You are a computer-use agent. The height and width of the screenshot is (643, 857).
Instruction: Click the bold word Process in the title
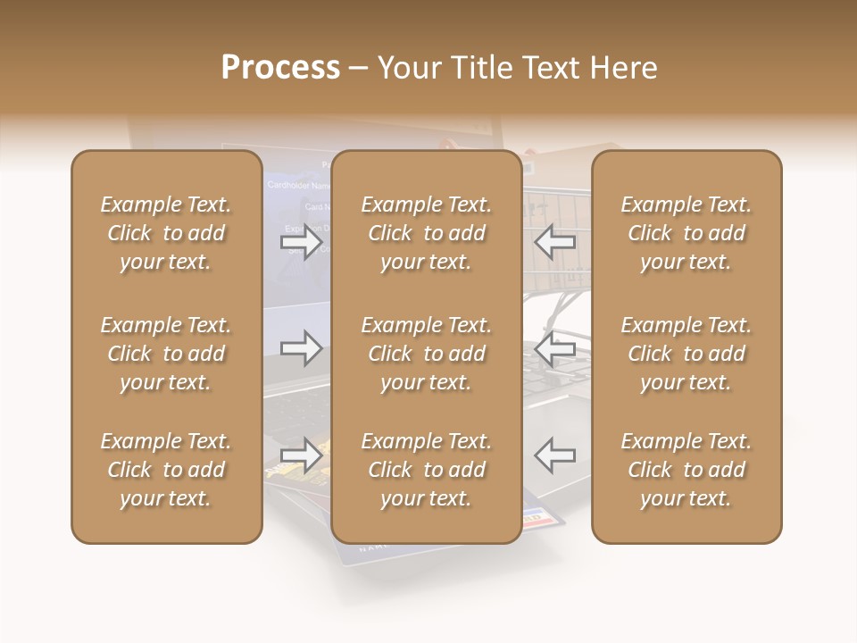point(280,68)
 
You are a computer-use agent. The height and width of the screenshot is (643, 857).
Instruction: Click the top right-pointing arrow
point(303,242)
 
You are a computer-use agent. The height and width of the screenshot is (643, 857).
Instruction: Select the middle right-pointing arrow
point(303,348)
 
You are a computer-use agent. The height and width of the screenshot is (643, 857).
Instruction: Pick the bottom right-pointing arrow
point(303,455)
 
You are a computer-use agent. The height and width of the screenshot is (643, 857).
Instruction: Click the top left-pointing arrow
point(554,242)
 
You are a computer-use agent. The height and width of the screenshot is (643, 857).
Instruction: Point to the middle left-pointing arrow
point(554,348)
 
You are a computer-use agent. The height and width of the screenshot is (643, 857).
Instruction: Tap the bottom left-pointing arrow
point(554,455)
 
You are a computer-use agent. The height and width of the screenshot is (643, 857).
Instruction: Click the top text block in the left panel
point(166,233)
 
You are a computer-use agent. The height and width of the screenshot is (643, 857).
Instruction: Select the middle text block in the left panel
point(166,354)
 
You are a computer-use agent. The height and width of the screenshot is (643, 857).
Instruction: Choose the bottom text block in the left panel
point(166,470)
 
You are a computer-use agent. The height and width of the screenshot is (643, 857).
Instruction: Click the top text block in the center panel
point(427,233)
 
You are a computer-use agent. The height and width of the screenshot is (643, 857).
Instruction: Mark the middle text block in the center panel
point(427,354)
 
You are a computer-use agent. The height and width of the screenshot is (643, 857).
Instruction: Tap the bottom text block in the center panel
point(427,470)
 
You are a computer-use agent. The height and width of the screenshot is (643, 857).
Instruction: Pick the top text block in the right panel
point(686,233)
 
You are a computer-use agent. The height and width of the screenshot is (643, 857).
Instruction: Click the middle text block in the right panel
point(686,354)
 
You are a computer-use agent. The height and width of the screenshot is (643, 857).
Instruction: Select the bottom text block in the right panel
point(686,470)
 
